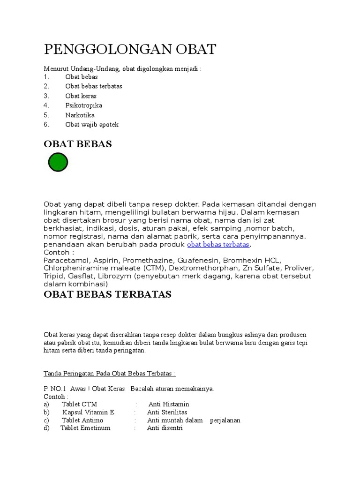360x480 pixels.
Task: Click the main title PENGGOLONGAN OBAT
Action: coord(130,49)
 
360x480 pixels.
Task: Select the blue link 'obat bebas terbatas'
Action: coord(218,245)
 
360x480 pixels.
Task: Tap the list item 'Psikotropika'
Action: coord(83,105)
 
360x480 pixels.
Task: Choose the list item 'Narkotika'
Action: coord(80,115)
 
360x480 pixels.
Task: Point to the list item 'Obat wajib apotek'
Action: coord(92,125)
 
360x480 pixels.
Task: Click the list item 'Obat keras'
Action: coord(81,96)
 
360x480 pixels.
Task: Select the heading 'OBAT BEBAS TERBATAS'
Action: coord(107,294)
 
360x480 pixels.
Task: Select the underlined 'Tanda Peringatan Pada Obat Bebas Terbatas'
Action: coord(109,374)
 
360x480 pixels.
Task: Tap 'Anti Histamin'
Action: coord(169,404)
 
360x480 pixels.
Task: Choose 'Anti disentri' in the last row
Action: coord(165,428)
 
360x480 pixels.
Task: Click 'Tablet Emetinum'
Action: coord(85,428)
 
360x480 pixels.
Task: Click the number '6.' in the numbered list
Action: coord(46,125)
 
